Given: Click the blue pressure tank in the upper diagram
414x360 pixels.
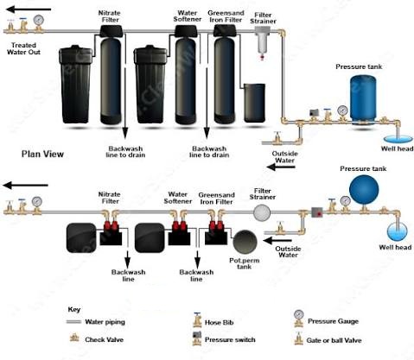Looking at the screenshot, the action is [363, 100].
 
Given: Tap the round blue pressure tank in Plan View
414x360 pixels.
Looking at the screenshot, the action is [364, 190].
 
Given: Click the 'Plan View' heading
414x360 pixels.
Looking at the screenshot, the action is [42, 154].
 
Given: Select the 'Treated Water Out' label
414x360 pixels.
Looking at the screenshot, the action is [23, 48].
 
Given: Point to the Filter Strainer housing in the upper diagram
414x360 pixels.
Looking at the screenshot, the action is [263, 41].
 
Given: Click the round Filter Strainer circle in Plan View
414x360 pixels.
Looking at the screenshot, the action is [262, 212].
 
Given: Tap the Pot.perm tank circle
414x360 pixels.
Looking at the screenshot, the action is [245, 242].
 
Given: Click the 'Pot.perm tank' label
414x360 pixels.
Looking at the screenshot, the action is [245, 263].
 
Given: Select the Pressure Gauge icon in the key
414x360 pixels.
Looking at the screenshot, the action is [299, 319].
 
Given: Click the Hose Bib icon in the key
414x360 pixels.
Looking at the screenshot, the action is [197, 320].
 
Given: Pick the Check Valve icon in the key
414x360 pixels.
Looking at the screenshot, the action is [74, 338].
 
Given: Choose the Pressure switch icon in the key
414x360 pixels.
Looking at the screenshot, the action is [197, 338].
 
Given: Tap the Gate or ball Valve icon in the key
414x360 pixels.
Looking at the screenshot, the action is [298, 338].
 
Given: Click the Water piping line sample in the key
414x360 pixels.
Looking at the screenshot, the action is [73, 322].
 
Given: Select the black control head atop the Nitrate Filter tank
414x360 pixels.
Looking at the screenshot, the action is [111, 31].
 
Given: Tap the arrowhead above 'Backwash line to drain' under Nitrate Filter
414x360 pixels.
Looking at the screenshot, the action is [125, 134].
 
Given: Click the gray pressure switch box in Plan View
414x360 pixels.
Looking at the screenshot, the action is [317, 212].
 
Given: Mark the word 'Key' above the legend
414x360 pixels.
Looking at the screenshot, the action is [74, 310].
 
